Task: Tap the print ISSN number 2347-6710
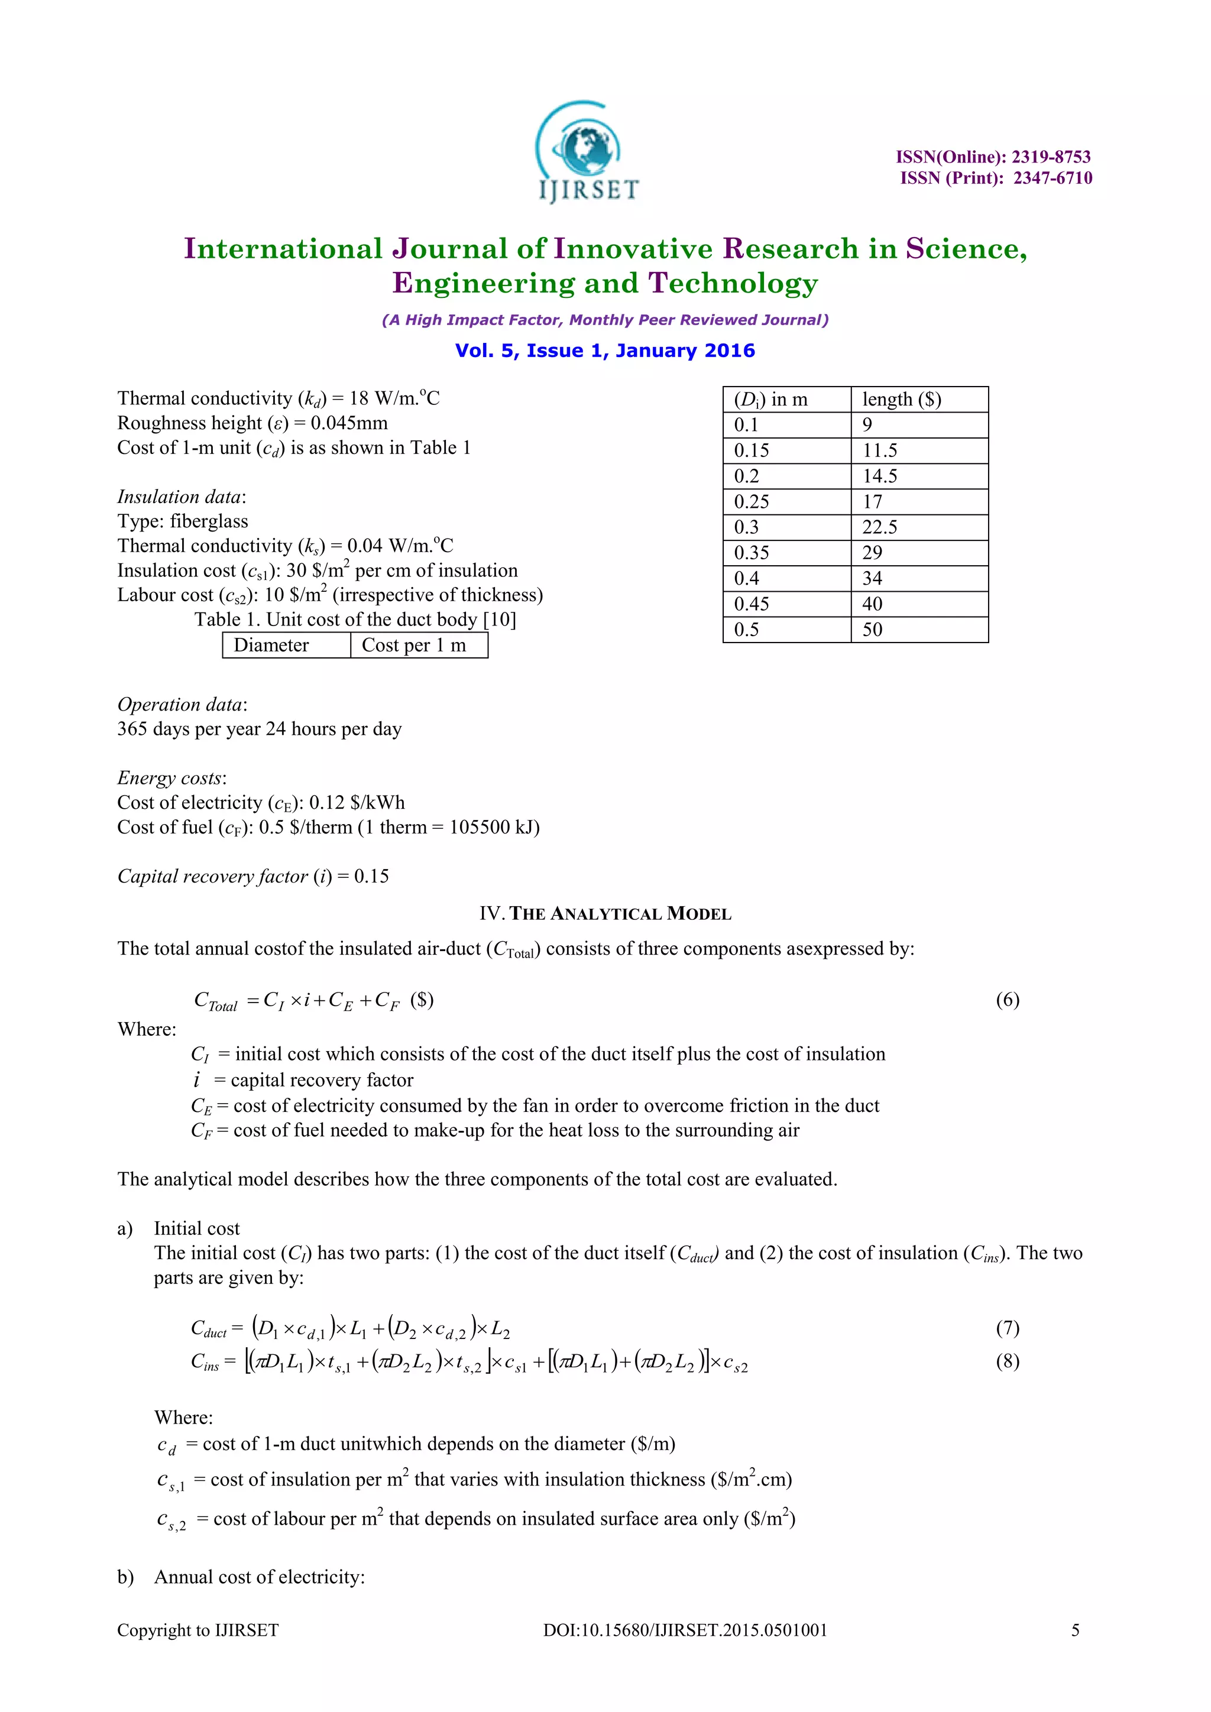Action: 1052,178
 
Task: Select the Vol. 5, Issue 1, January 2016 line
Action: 605,351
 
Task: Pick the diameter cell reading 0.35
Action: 752,553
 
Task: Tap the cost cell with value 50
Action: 872,630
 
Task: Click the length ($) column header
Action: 902,400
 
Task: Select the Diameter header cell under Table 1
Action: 271,645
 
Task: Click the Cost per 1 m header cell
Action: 414,645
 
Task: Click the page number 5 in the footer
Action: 1074,1630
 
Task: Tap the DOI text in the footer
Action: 685,1630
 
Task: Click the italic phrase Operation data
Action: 180,705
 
